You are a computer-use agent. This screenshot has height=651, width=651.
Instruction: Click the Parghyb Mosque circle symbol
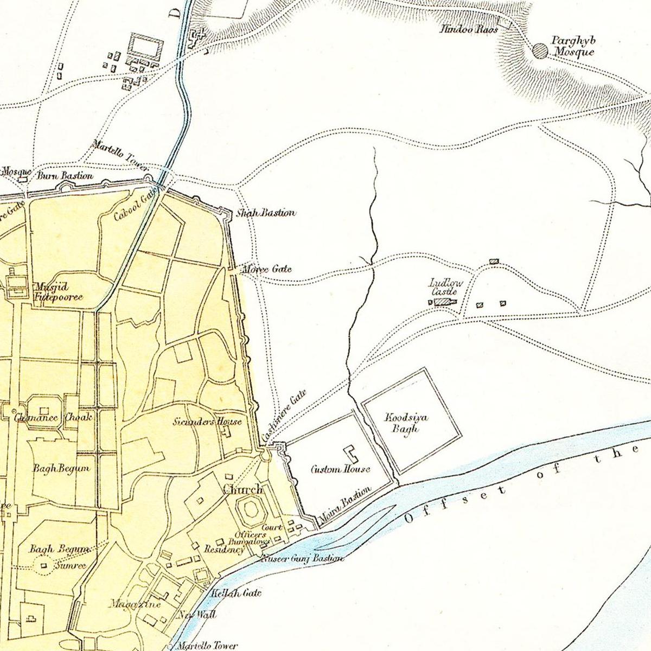click(540, 50)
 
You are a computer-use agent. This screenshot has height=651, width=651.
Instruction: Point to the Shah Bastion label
click(266, 213)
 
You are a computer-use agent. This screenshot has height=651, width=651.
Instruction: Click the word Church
click(243, 489)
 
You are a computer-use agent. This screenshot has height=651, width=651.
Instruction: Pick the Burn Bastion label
click(65, 176)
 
